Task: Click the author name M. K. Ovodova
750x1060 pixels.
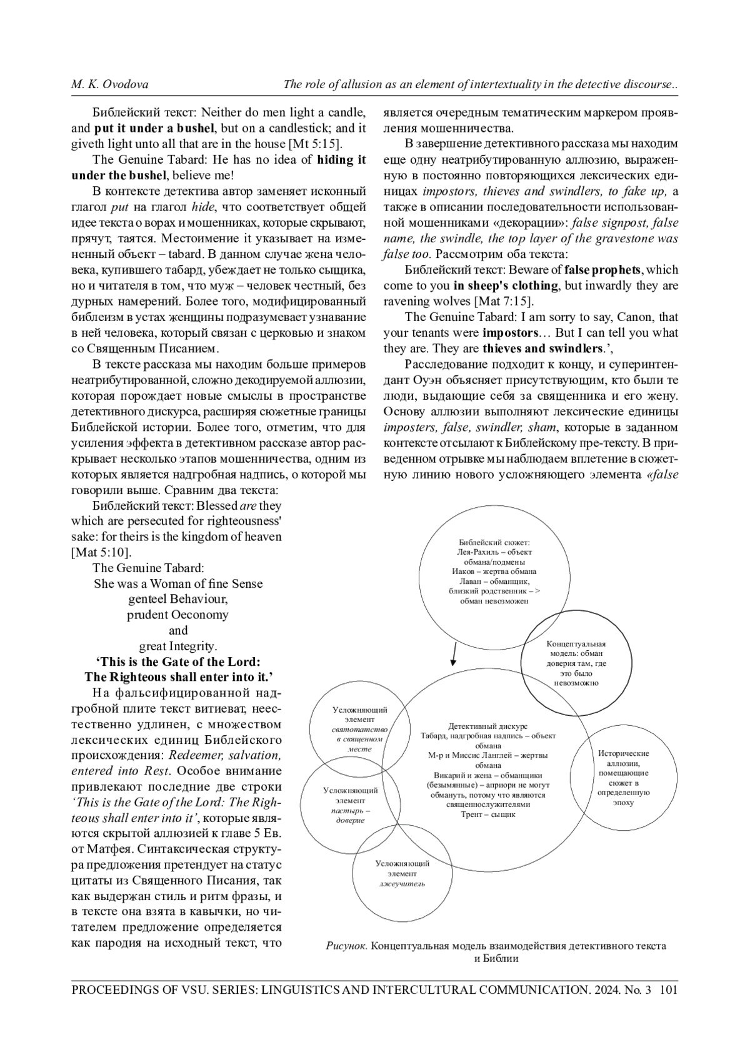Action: [109, 84]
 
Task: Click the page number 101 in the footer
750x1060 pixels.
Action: [668, 989]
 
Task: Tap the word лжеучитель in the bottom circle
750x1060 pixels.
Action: [402, 884]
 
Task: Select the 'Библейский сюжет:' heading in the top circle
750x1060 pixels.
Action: [494, 542]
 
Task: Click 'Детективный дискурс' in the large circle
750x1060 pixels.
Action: [487, 726]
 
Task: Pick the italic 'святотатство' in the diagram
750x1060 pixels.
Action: [359, 730]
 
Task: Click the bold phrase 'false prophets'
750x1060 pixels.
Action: [602, 270]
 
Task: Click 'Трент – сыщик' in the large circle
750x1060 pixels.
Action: [487, 814]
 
